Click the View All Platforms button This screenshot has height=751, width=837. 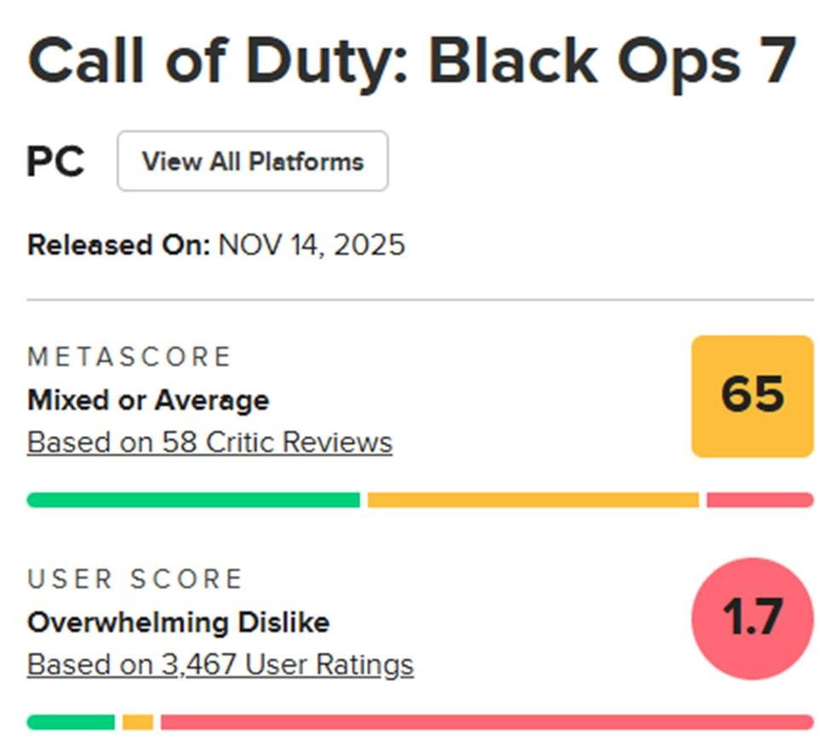click(x=253, y=161)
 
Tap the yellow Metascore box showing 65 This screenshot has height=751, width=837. click(x=752, y=396)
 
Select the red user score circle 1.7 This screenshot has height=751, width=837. click(x=752, y=618)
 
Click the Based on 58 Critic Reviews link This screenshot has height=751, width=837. click(x=209, y=443)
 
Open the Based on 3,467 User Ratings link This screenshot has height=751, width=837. click(x=221, y=665)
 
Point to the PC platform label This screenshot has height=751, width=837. click(x=55, y=161)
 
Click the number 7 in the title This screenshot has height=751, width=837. click(x=781, y=60)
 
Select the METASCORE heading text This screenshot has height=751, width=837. click(x=129, y=357)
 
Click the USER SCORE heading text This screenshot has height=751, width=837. click(x=135, y=579)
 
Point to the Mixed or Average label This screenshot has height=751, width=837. click(x=148, y=400)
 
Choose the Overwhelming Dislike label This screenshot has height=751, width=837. click(x=178, y=622)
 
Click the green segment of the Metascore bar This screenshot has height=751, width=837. click(x=193, y=500)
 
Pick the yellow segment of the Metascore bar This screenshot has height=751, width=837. click(x=533, y=500)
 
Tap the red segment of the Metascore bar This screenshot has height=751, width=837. click(x=760, y=500)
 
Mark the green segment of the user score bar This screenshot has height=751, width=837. click(x=71, y=722)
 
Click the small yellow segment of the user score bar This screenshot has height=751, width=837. click(x=138, y=722)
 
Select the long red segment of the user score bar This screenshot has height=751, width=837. click(x=487, y=722)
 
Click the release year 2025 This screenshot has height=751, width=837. click(x=370, y=245)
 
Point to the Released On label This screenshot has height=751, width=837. click(x=118, y=245)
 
